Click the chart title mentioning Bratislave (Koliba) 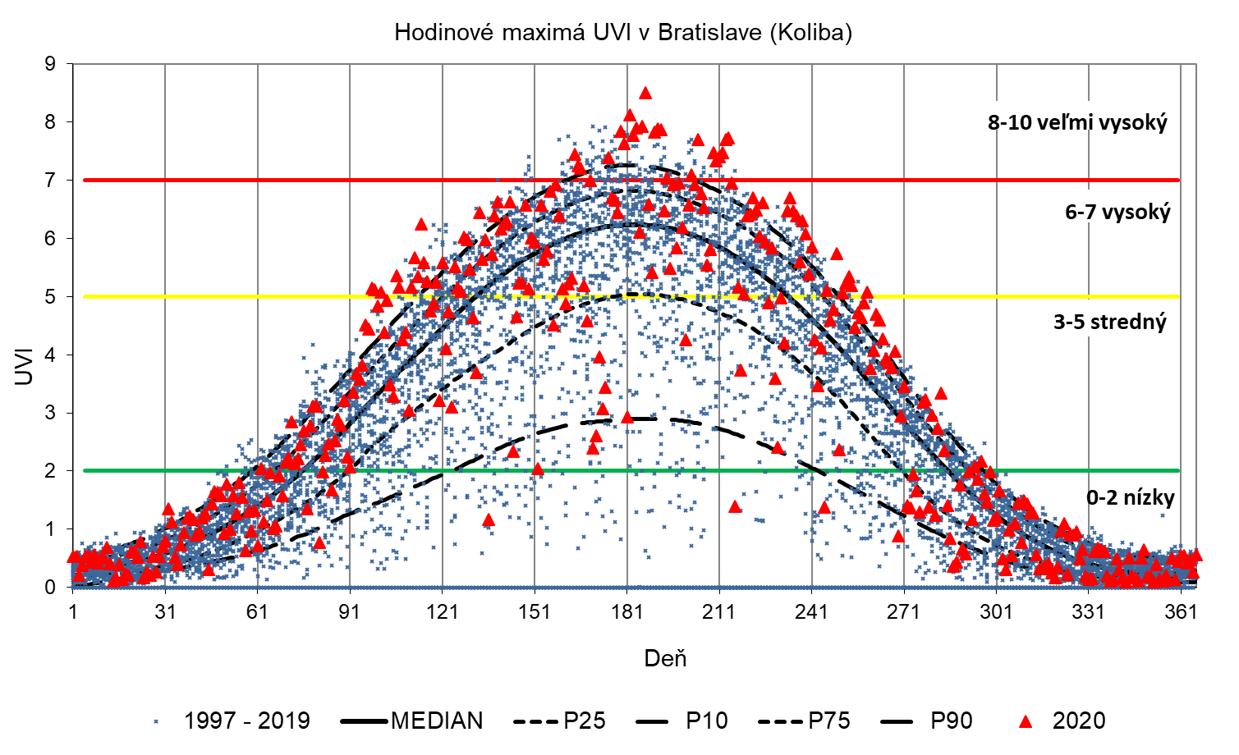[622, 32]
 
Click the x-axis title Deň [665, 658]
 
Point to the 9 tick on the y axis [51, 64]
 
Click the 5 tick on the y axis [51, 297]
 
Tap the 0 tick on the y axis [51, 588]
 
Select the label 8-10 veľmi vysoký [1077, 123]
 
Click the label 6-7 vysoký [1117, 213]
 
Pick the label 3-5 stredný [1110, 322]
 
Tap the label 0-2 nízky [1130, 497]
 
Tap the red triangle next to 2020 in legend [1025, 721]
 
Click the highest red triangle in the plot [645, 93]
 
